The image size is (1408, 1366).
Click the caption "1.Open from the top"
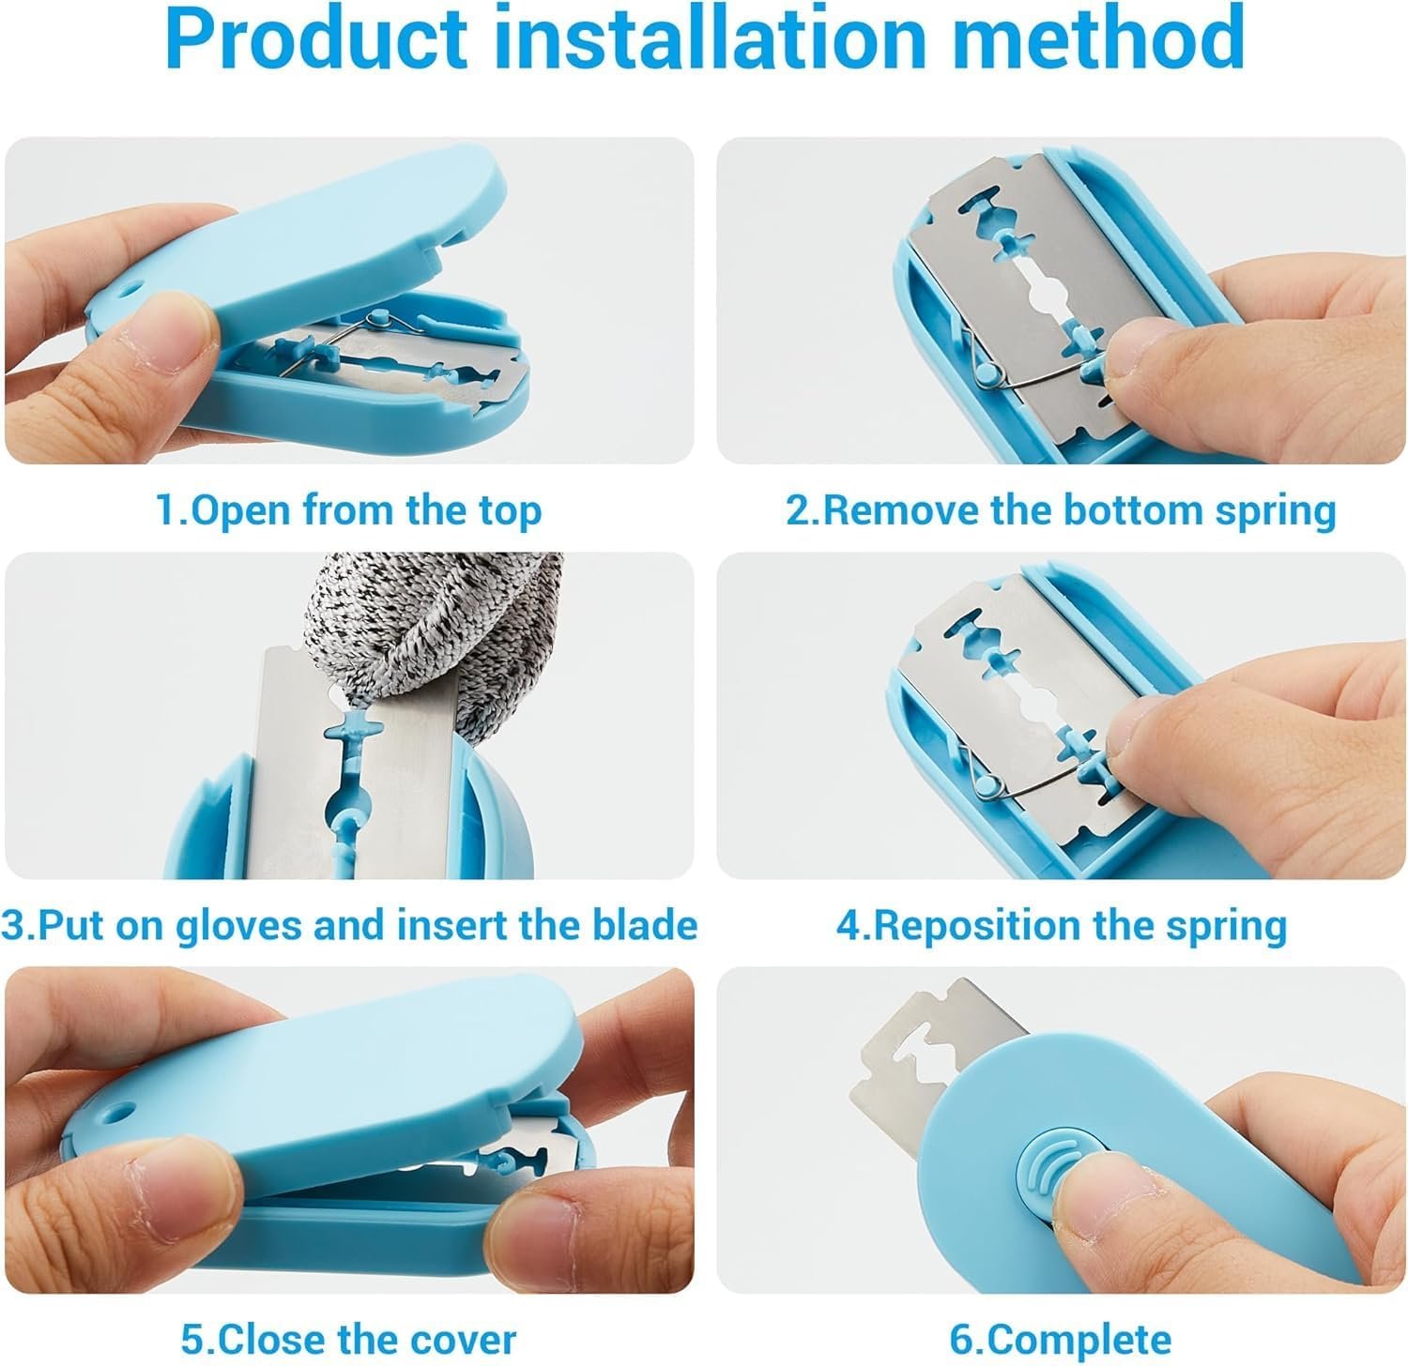[348, 511]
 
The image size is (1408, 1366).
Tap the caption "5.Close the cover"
[348, 1339]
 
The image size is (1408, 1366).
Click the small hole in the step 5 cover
[119, 1111]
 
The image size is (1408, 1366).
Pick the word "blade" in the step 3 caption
[644, 926]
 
